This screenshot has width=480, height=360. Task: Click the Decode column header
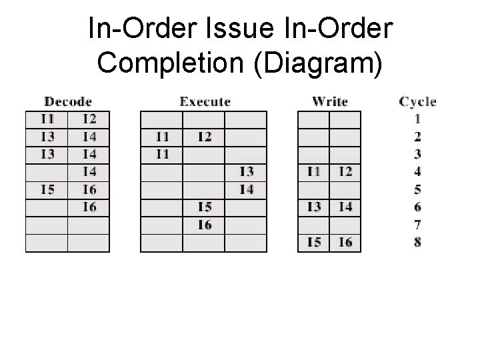[x=68, y=102]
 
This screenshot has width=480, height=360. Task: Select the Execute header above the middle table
[x=205, y=102]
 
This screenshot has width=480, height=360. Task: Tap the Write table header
[x=330, y=102]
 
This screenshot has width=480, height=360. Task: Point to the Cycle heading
[x=417, y=102]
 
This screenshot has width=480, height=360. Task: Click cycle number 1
[x=417, y=120]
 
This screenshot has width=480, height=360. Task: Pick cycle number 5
[x=417, y=189]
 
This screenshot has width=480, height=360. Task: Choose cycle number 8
[x=417, y=241]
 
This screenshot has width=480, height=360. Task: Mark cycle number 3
[x=417, y=155]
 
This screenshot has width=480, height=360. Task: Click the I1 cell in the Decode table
[x=47, y=120]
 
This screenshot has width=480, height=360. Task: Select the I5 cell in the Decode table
[x=47, y=189]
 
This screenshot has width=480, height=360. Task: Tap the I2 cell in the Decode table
[x=89, y=120]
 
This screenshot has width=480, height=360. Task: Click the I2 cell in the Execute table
[x=204, y=137]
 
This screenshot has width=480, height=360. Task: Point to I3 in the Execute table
[x=246, y=172]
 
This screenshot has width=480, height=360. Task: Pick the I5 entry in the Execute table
[x=204, y=207]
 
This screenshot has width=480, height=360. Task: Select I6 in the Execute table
[x=204, y=224]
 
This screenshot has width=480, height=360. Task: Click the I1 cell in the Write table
[x=313, y=172]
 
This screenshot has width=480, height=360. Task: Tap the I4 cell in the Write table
[x=345, y=207]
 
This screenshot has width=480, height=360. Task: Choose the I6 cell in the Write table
[x=345, y=241]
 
